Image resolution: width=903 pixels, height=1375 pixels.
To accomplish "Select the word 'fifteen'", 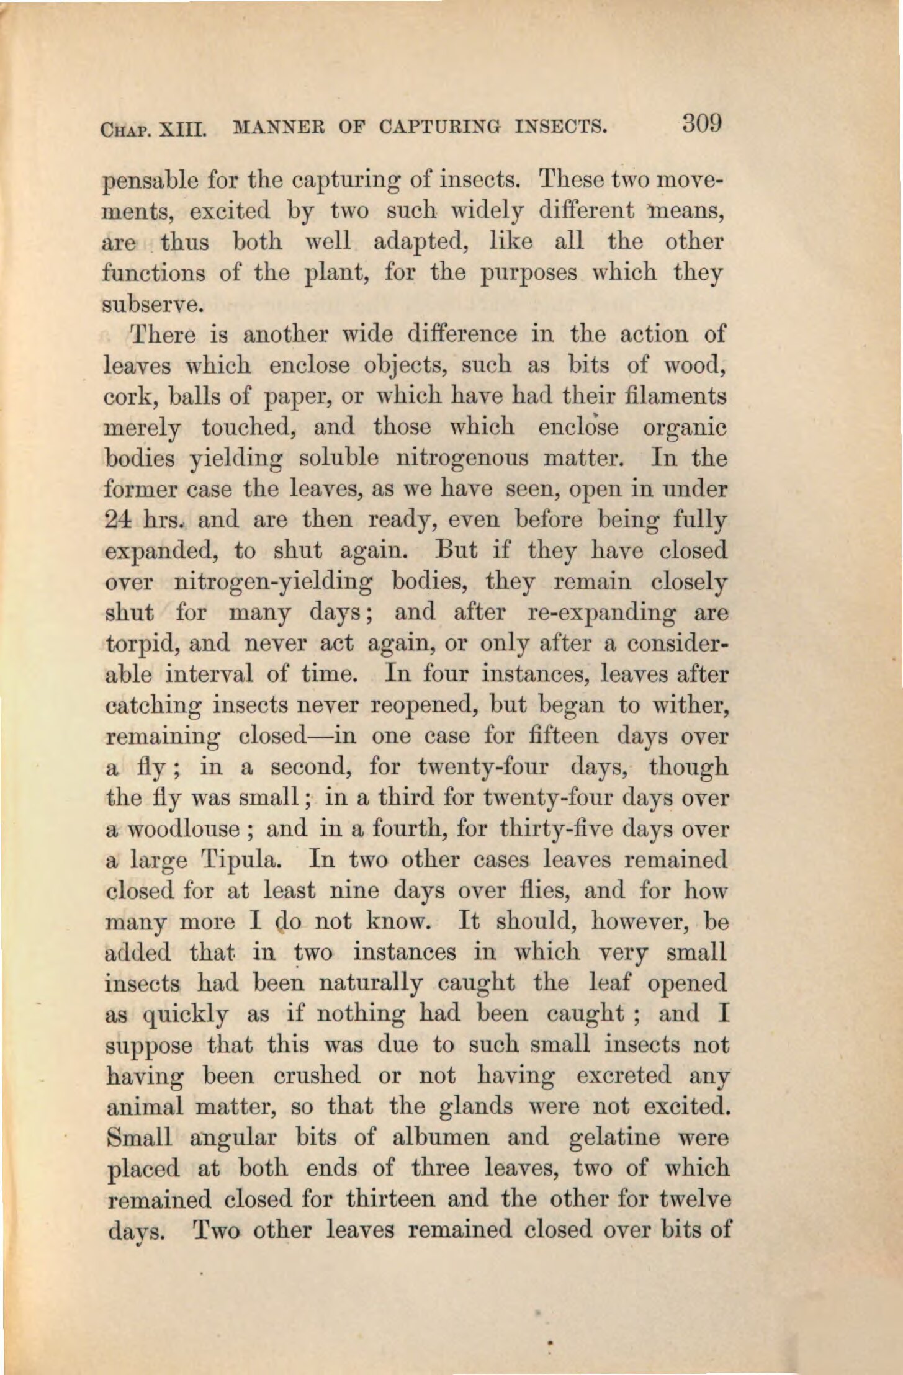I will (565, 736).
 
